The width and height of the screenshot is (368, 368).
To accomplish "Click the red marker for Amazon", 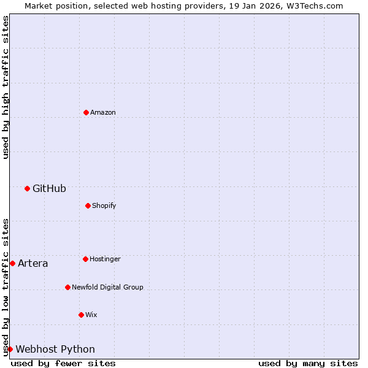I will [86, 112].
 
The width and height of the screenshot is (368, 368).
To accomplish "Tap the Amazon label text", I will [102, 113].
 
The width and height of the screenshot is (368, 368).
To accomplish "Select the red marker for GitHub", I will [27, 188].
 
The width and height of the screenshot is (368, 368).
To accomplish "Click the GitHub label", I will [49, 189].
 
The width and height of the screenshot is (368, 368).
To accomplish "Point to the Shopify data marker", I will [88, 205].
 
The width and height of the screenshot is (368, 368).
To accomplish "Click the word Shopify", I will [104, 206].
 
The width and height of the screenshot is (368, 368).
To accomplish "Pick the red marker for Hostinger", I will [85, 259].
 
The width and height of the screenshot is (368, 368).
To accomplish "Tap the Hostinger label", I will [105, 259].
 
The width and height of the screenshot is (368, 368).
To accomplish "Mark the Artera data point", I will [12, 263].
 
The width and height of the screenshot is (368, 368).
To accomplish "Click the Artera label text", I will [33, 264].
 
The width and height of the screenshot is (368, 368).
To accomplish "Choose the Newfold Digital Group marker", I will [67, 287].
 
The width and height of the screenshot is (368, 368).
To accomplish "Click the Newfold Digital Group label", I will [107, 288].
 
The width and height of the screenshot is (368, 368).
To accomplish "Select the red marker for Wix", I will [81, 315].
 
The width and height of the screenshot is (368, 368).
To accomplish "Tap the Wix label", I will [91, 315].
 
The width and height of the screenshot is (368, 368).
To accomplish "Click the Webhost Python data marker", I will [10, 349].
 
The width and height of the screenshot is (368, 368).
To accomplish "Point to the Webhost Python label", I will [55, 350].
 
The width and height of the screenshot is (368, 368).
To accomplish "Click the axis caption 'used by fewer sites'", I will [63, 364].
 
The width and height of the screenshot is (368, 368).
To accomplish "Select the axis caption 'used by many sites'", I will [308, 364].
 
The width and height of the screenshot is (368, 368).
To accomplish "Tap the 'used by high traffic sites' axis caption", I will [6, 87].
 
